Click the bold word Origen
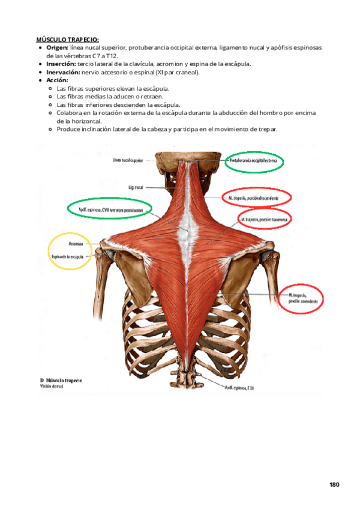[x=57, y=47]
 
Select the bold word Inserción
[x=61, y=64]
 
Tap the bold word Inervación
[x=63, y=72]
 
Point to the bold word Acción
[x=57, y=80]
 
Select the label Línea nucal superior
[x=127, y=161]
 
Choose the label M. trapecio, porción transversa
[x=265, y=220]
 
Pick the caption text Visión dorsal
[x=52, y=387]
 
